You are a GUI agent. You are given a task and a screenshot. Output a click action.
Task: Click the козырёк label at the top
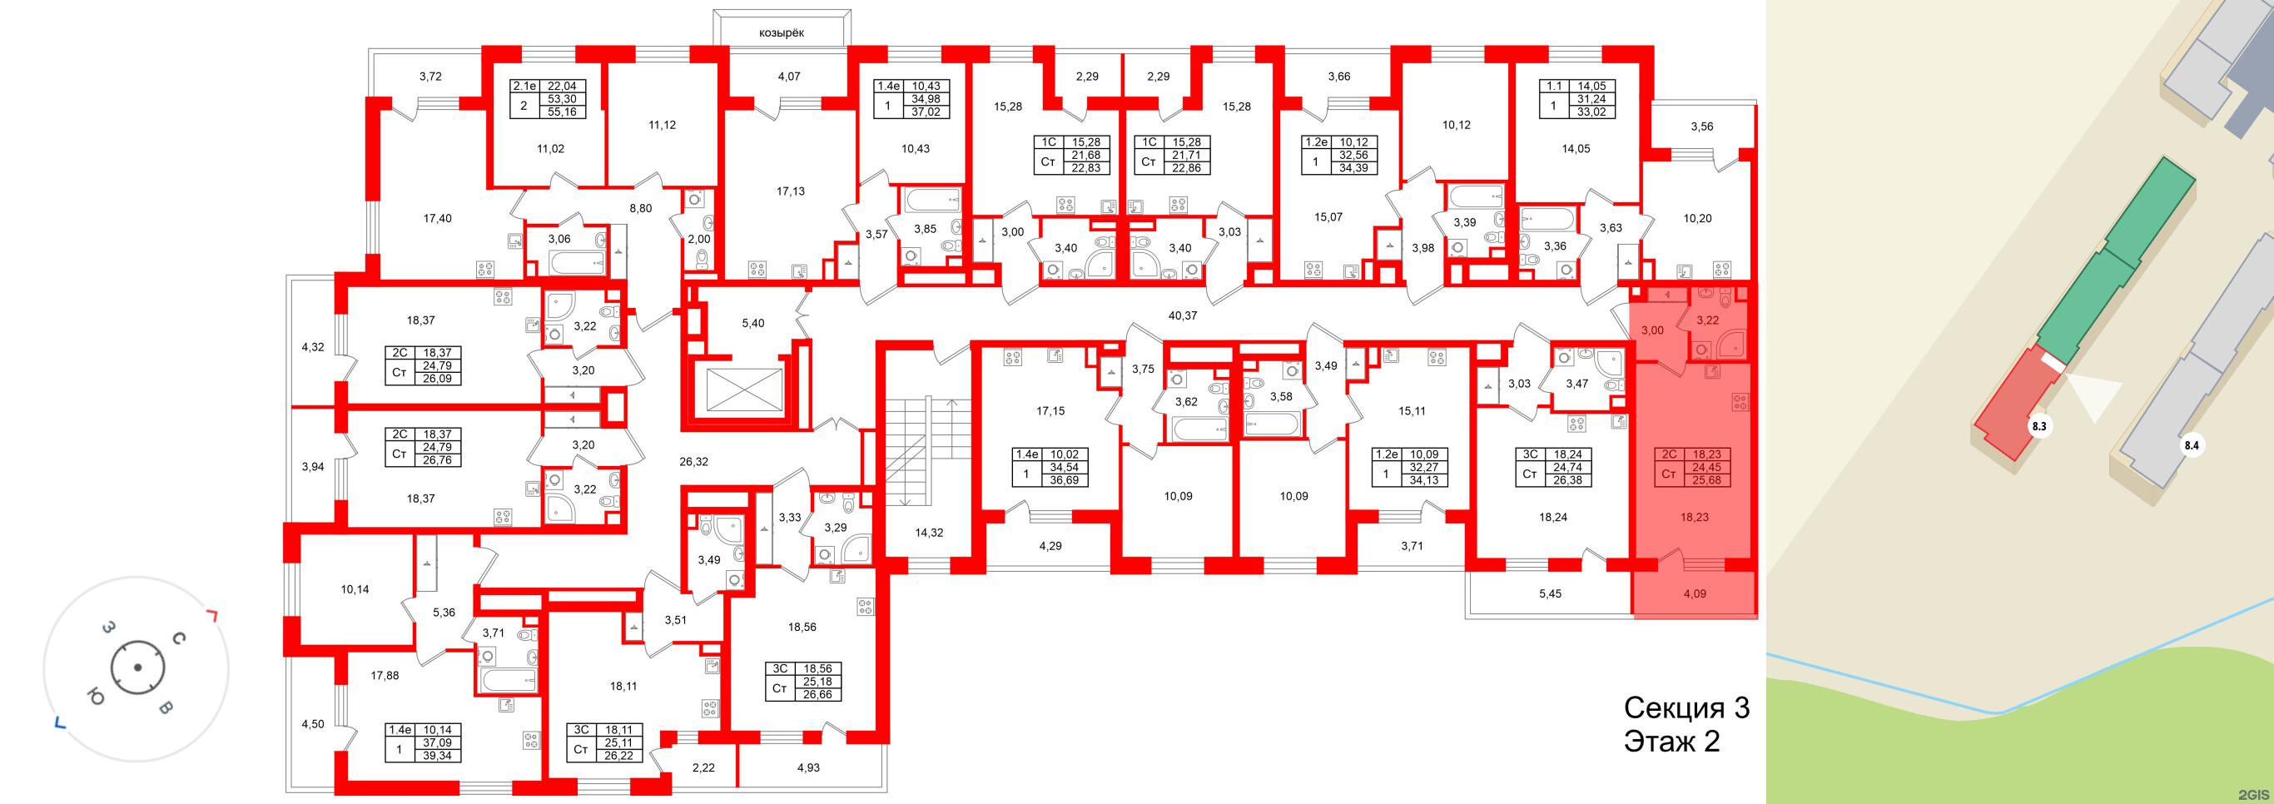782,32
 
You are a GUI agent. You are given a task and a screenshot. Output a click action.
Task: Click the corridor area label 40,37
1182,315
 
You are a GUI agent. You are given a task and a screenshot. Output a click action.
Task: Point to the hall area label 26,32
693,462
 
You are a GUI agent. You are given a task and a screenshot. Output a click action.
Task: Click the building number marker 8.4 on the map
2191,445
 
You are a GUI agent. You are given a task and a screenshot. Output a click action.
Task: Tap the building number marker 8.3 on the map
2039,426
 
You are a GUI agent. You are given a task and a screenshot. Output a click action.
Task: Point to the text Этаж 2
1671,742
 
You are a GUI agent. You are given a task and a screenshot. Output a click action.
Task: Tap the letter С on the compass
178,638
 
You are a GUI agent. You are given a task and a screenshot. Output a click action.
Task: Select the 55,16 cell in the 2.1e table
562,112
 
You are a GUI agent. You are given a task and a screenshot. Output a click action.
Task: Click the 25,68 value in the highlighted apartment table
1705,481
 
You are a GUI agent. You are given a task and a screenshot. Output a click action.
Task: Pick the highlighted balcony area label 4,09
1694,594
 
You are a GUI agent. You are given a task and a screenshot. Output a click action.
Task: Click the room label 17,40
437,218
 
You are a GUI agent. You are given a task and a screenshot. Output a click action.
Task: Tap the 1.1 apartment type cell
1553,87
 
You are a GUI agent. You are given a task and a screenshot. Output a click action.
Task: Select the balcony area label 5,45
1549,594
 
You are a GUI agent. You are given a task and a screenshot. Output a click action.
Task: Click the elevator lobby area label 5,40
752,323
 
